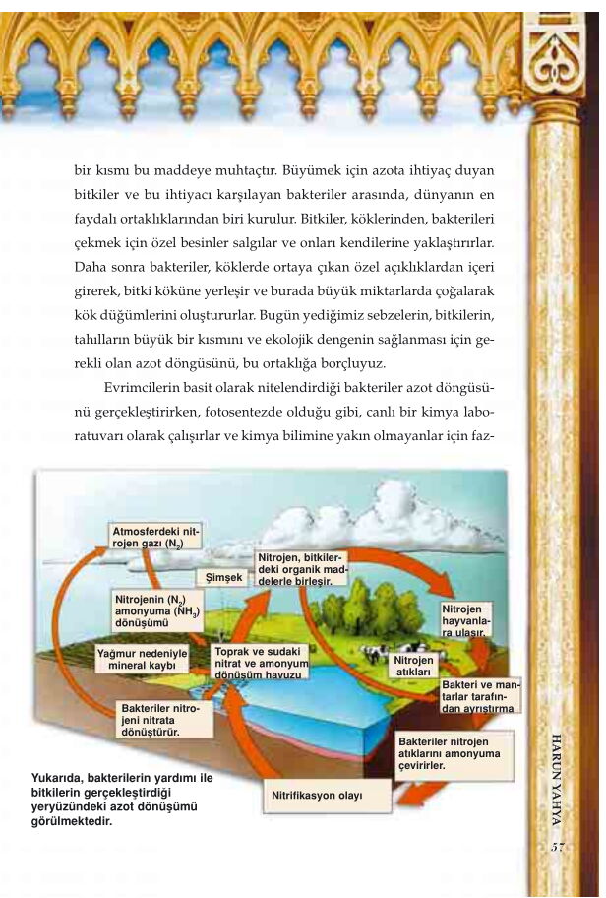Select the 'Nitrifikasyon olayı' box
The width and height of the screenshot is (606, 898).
tap(317, 795)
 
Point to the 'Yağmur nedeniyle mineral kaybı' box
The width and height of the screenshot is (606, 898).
tap(142, 659)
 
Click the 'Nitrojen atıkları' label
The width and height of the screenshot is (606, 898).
tap(414, 666)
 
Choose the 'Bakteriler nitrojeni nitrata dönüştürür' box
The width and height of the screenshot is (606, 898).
tap(164, 720)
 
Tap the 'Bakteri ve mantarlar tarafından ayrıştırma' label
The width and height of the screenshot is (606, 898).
tap(478, 695)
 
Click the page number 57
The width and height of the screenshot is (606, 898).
tap(557, 848)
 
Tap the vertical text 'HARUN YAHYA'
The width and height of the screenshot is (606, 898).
tap(556, 778)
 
